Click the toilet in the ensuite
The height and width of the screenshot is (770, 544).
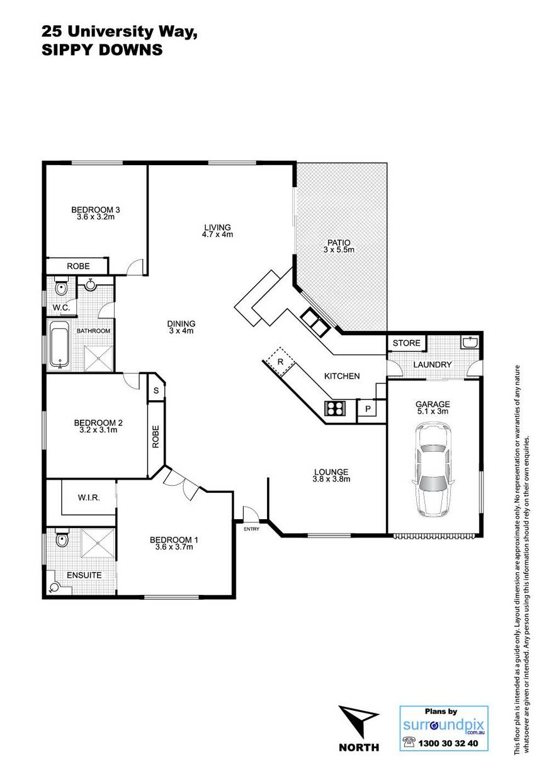62,538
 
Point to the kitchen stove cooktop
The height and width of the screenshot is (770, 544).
335,408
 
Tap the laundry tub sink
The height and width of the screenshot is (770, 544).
469,342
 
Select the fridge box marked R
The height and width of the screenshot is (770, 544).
281,362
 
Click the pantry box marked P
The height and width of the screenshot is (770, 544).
368,408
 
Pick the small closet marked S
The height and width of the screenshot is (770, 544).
156,391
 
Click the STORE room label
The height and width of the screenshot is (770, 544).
406,343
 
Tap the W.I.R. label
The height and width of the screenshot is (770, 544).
89,497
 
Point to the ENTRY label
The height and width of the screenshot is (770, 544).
251,529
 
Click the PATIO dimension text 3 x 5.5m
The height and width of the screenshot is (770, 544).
339,250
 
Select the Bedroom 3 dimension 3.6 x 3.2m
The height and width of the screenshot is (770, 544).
96,217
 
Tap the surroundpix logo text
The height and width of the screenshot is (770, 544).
443,726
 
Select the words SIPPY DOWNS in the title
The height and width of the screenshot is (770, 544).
102,50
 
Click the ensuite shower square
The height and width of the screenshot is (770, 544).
98,543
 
